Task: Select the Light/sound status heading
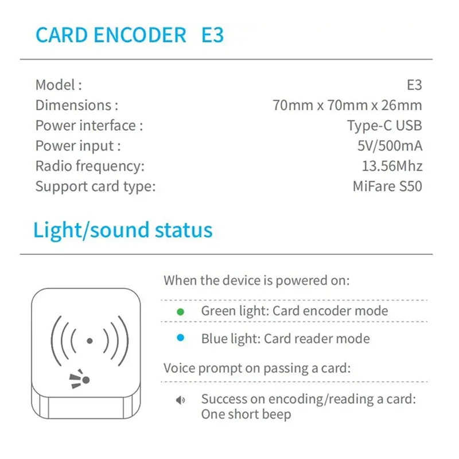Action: [x=123, y=230]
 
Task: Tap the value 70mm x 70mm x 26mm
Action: [x=347, y=105]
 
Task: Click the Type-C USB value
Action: [x=384, y=126]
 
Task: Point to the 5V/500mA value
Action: [x=390, y=146]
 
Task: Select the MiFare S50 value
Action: [x=387, y=186]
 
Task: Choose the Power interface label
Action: [x=89, y=126]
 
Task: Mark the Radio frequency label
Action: [x=90, y=166]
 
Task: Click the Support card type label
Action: [x=95, y=186]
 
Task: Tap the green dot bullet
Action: [x=180, y=312]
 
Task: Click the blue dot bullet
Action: [x=180, y=339]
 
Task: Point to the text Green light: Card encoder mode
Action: [x=294, y=311]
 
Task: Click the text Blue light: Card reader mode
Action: [x=285, y=339]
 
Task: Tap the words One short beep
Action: [x=246, y=414]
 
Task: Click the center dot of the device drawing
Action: [x=90, y=341]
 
